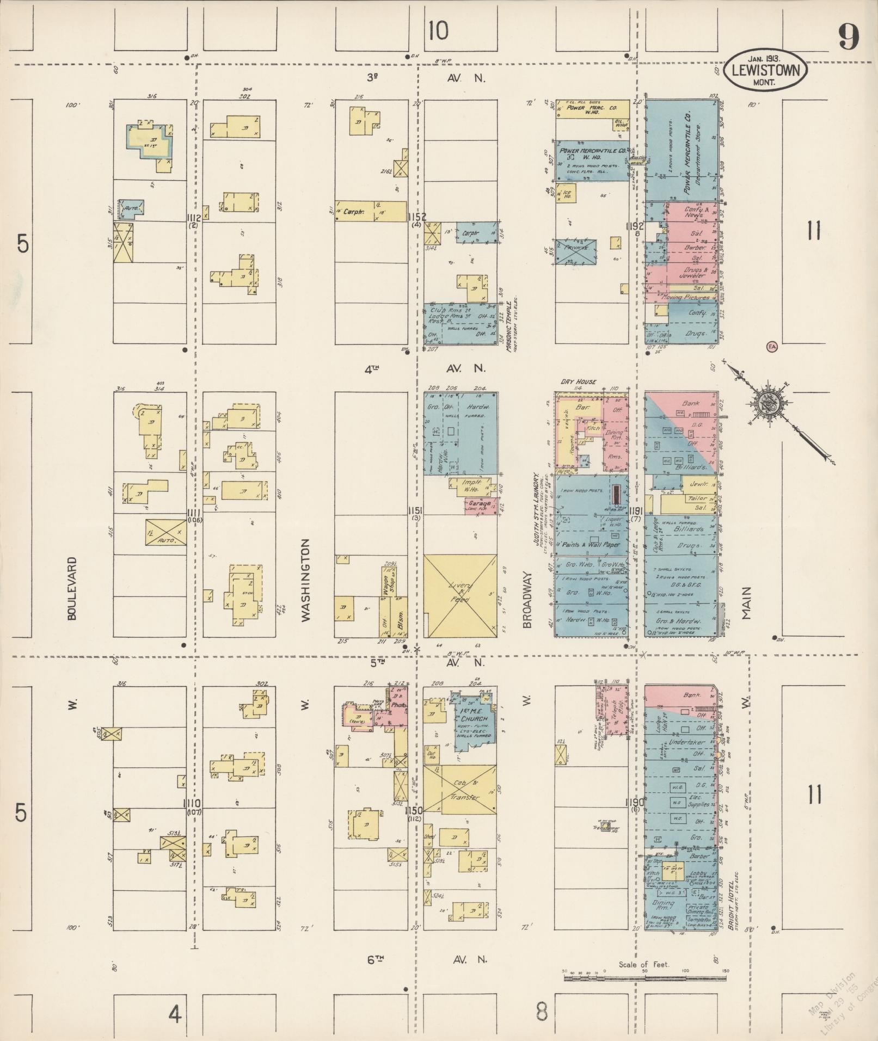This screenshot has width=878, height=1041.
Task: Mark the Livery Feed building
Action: tap(460, 595)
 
